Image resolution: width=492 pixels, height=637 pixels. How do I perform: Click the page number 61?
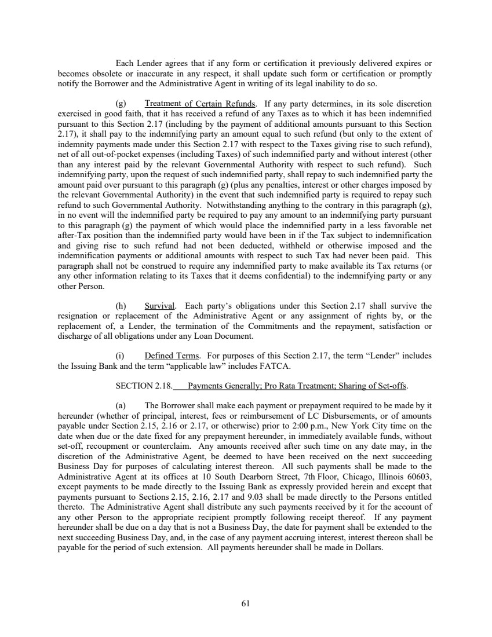(x=245, y=604)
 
